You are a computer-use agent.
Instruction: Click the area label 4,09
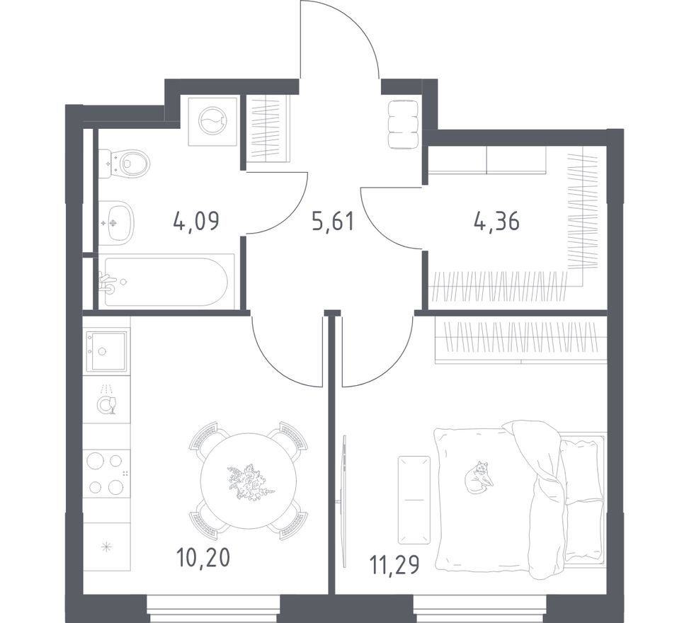point(196,221)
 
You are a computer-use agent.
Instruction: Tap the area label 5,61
point(333,221)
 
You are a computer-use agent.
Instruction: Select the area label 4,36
point(496,221)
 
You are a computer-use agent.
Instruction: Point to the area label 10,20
point(203,558)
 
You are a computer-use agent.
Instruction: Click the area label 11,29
point(394,565)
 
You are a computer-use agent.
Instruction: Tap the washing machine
point(213,121)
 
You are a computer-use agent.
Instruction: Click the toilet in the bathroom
point(125,164)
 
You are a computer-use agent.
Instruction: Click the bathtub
point(166,281)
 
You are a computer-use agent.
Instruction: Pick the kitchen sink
point(107,350)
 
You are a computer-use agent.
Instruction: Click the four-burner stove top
point(107,474)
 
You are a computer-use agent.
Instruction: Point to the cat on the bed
point(479,476)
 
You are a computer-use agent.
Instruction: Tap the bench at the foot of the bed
point(414,500)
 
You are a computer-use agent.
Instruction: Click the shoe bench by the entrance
point(402,125)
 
